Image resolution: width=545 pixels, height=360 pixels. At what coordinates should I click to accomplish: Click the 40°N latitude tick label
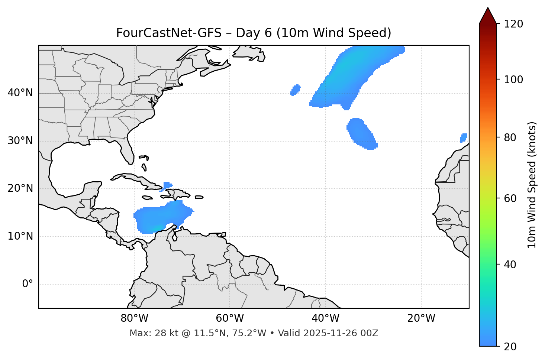(20, 93)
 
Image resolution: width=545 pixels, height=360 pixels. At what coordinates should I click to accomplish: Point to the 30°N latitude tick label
(20, 141)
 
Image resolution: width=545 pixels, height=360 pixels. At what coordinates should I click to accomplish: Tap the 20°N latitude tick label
(20, 188)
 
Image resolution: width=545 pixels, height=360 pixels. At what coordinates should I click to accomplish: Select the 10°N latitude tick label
(20, 236)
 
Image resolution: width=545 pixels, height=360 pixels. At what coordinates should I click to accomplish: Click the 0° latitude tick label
(27, 284)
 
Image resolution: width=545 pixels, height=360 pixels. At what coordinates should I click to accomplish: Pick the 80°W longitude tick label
(134, 318)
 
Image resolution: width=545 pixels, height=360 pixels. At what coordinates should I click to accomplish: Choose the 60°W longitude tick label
(230, 318)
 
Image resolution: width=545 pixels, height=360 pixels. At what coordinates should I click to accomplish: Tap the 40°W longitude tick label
(325, 318)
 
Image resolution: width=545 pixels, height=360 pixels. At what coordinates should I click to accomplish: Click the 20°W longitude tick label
(421, 318)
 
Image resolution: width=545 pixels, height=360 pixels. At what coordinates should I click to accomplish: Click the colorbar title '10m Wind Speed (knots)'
(532, 185)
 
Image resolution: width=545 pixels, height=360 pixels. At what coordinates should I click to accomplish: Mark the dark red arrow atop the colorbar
(488, 16)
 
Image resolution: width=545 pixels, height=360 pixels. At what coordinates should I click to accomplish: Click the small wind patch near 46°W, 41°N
(296, 90)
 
